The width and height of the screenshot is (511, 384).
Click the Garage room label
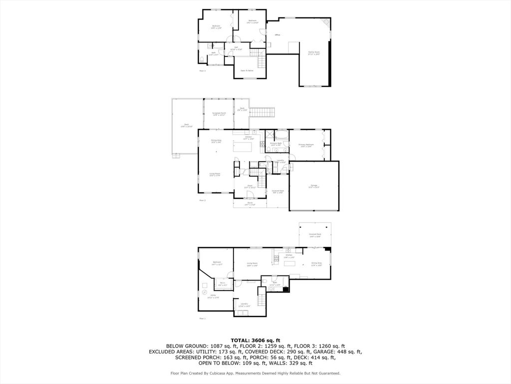coord(314,186)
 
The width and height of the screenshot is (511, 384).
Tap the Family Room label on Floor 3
coord(313,52)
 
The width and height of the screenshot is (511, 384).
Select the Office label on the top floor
coord(277,35)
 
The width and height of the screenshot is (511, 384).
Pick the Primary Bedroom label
coord(305,145)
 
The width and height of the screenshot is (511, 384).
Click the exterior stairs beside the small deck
coord(262,112)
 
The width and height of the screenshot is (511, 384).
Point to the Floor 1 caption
coord(203,318)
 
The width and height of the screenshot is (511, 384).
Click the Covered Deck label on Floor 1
coord(315,234)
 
